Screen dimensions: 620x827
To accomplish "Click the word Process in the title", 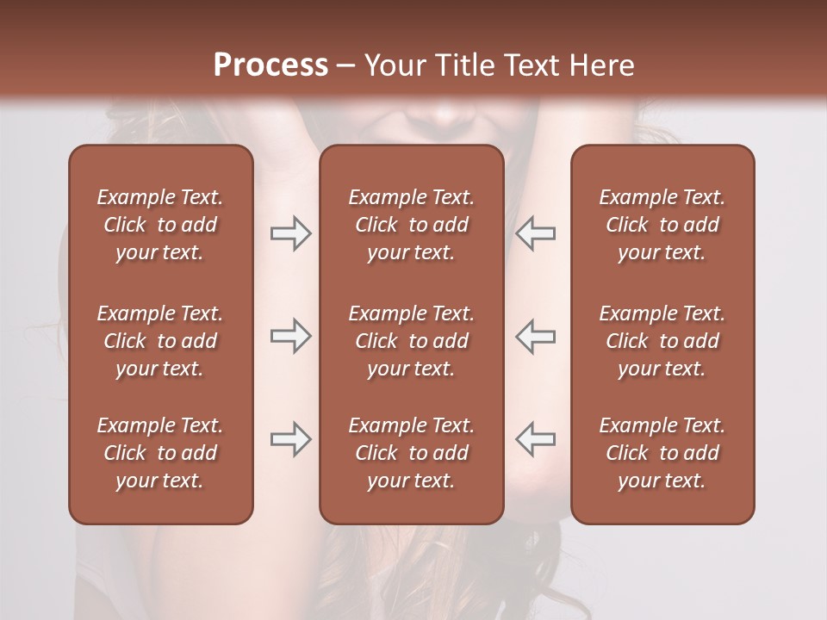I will (x=270, y=65).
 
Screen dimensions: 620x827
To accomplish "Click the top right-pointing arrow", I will (x=290, y=233).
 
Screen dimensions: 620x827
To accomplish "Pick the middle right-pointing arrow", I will (x=290, y=336).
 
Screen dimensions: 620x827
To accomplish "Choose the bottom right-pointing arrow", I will (x=290, y=439).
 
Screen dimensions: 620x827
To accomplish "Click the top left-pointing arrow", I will (x=536, y=233).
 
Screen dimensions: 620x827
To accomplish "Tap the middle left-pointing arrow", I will (x=536, y=336).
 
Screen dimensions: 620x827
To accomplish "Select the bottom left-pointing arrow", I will (x=536, y=439).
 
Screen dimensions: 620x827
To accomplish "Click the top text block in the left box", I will (x=160, y=225).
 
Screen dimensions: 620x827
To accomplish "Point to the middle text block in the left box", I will (x=160, y=341).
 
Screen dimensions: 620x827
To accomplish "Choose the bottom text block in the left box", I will (x=160, y=453).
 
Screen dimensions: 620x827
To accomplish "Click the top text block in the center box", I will (x=411, y=225).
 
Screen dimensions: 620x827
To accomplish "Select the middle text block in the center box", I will (x=411, y=341).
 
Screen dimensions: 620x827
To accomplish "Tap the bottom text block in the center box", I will (x=411, y=453).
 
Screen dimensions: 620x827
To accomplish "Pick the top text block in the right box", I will (x=662, y=225).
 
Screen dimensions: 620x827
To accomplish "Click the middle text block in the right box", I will (x=662, y=341).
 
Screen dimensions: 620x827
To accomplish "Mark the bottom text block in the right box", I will (x=662, y=453).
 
